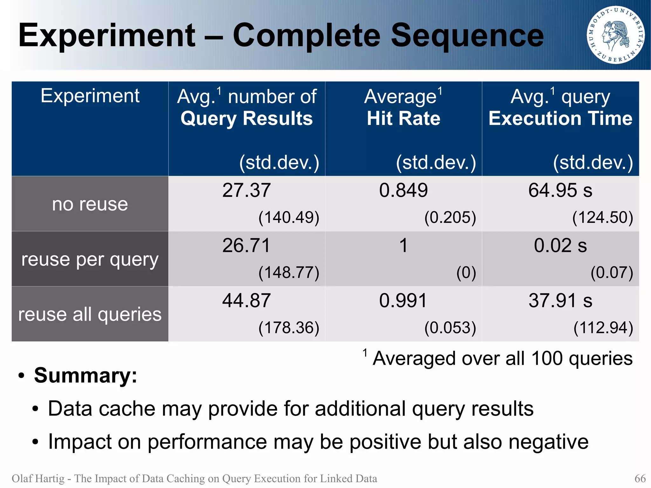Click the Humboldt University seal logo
tap(615, 35)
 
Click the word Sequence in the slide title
tap(467, 36)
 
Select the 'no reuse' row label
tap(90, 204)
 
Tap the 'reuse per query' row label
tap(90, 260)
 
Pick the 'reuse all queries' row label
tap(90, 314)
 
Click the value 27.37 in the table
tap(246, 190)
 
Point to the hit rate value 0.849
tap(403, 190)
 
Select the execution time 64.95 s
tap(560, 190)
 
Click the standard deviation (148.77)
tap(289, 273)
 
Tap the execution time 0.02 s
tap(560, 246)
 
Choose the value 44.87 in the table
tap(246, 301)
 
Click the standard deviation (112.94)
tap(603, 328)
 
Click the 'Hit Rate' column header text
tap(403, 119)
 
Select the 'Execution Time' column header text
tap(560, 119)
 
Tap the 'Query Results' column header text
tap(246, 119)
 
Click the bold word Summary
tap(85, 375)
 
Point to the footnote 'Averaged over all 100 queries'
tap(502, 359)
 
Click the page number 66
tap(640, 478)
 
